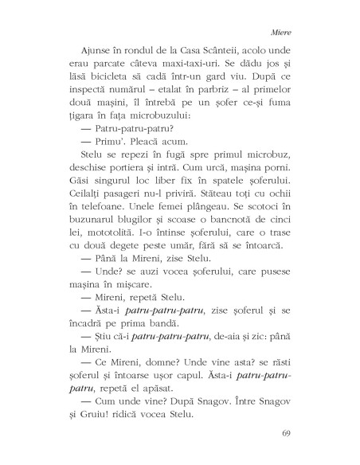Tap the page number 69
tap(288, 434)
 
